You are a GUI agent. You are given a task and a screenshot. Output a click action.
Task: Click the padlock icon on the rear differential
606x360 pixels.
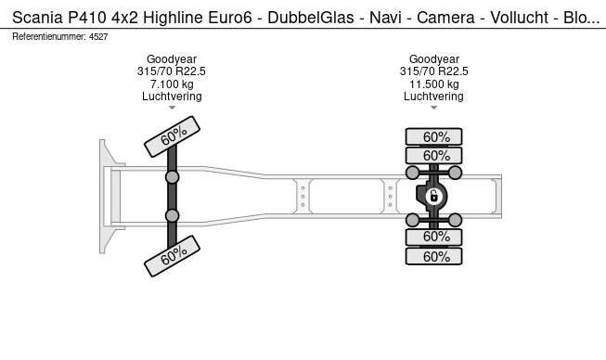click(433, 196)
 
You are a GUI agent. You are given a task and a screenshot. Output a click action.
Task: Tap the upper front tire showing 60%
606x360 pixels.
click(172, 136)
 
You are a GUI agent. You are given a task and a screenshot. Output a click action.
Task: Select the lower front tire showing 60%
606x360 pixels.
click(172, 256)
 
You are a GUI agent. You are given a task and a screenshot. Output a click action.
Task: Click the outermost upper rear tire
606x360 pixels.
click(433, 137)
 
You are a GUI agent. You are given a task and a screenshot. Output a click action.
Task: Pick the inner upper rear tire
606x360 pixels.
click(433, 156)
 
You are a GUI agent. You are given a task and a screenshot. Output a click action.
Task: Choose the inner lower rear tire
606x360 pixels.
click(433, 237)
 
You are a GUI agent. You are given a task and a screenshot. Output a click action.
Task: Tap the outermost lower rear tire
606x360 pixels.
click(433, 256)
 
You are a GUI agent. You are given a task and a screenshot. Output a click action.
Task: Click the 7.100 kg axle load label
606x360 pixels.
click(172, 84)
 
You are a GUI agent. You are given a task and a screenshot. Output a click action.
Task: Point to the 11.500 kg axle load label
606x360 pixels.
click(434, 84)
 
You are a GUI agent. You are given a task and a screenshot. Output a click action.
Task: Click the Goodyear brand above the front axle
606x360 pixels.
click(172, 59)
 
